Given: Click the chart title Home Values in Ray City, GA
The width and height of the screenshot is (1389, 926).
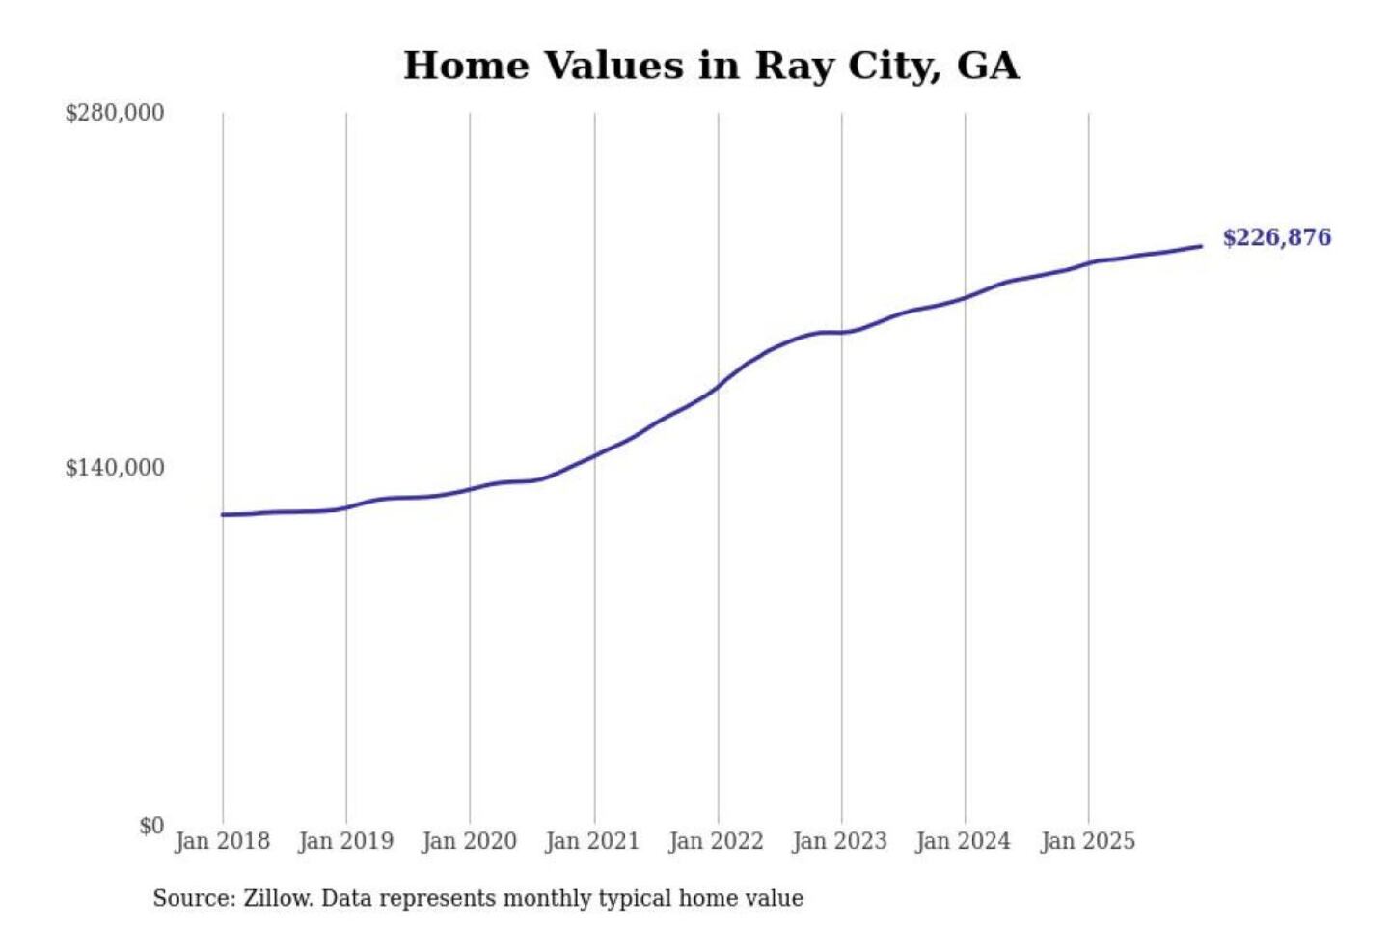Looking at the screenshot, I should [x=711, y=66].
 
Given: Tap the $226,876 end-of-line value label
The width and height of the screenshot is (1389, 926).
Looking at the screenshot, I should [x=1276, y=237].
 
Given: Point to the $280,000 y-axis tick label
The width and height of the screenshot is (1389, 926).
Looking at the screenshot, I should [x=115, y=113].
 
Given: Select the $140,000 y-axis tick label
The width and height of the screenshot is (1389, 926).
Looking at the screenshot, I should [x=115, y=468].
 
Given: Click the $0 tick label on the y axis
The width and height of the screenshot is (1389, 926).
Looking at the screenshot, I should [x=151, y=826].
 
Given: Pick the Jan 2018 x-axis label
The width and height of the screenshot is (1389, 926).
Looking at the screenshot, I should [x=222, y=841].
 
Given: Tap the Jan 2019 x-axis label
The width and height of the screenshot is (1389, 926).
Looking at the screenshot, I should [x=345, y=841].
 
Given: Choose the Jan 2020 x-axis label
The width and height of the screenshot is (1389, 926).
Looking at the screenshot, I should [x=469, y=841].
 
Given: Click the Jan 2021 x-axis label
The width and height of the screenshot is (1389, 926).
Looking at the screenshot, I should [x=592, y=841].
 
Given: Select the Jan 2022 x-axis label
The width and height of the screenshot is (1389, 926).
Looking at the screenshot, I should [x=716, y=841].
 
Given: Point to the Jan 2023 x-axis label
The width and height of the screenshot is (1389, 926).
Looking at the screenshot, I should [x=839, y=841].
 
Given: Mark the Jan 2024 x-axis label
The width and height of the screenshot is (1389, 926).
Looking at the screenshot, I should [x=963, y=841].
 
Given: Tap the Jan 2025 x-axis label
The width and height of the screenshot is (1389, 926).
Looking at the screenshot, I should [x=1087, y=841].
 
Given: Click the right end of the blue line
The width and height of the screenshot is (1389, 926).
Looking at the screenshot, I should [x=1201, y=246].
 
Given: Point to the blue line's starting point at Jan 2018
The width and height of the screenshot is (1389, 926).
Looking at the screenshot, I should [x=223, y=514].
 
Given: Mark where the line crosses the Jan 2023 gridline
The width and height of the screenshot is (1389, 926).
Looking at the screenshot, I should [x=841, y=332].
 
